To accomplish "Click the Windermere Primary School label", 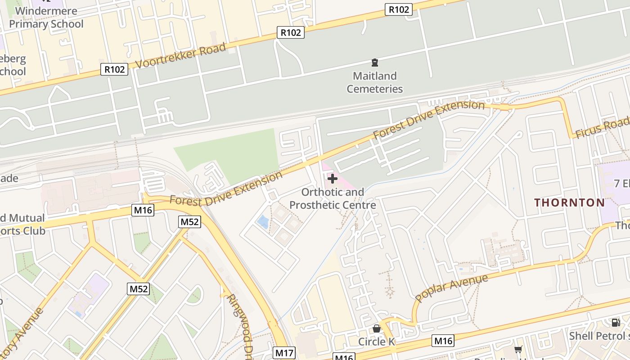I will (46, 17).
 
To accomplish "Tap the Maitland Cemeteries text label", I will (374, 82).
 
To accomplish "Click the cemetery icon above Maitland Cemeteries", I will (374, 63).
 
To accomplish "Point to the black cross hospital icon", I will (333, 179).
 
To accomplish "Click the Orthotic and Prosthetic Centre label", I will (333, 198).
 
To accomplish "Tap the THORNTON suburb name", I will (570, 202).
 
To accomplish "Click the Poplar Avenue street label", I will (451, 288).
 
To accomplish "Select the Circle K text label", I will (377, 342).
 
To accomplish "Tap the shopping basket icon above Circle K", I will (377, 329).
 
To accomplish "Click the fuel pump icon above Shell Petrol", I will (616, 322).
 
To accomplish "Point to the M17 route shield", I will (284, 353).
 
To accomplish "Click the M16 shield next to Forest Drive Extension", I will (143, 210).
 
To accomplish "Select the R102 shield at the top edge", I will (399, 9).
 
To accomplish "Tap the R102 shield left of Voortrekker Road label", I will (114, 69).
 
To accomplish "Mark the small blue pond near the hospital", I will (261, 221).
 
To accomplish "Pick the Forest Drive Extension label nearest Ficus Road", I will (428, 119).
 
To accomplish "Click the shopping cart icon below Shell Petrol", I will (518, 349).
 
